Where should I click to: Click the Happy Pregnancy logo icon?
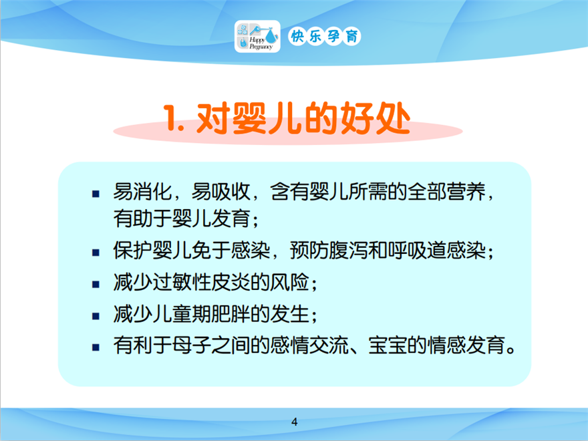click(257, 36)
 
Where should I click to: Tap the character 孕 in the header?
click(333, 36)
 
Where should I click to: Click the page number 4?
click(295, 422)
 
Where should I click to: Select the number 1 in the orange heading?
click(170, 118)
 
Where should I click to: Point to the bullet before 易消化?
click(96, 194)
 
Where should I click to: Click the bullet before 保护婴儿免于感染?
click(96, 253)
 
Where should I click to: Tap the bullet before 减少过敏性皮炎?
click(96, 285)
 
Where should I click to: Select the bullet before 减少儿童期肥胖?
click(96, 316)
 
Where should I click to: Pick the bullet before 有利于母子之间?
click(96, 347)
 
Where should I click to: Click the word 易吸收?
click(220, 192)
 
